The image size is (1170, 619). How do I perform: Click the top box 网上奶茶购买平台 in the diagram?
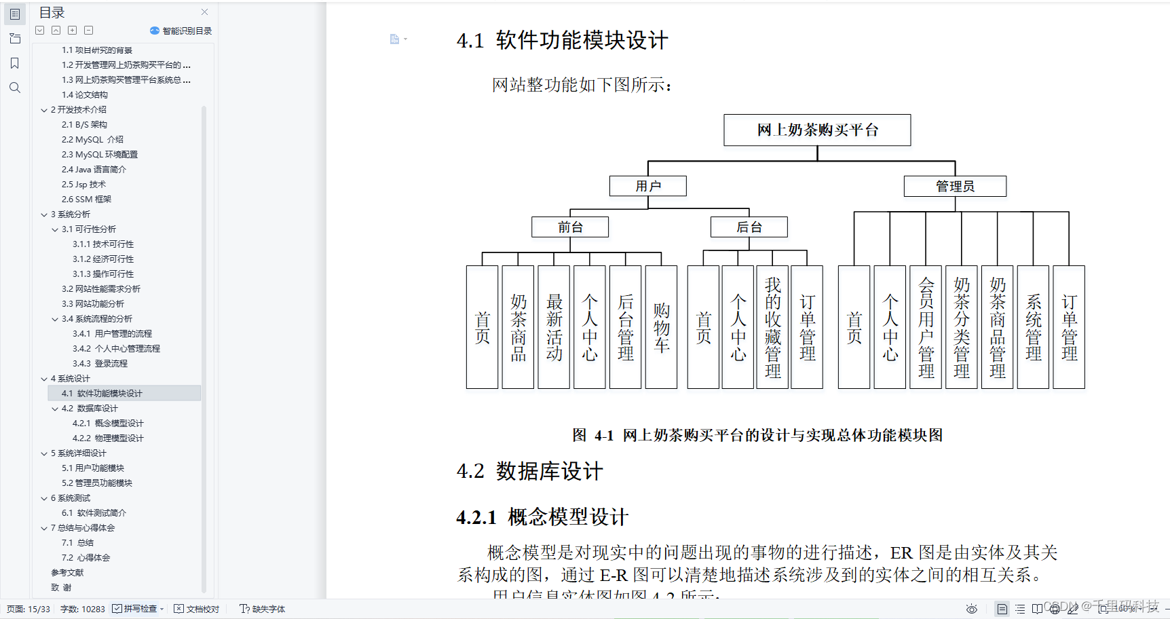(x=817, y=130)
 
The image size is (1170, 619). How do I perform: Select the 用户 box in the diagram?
(x=648, y=186)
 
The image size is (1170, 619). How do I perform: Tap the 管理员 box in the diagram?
(x=955, y=186)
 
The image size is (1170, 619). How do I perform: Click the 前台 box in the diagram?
(x=570, y=227)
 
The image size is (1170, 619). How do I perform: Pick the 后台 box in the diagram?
(x=749, y=227)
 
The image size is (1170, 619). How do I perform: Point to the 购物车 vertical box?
(x=661, y=327)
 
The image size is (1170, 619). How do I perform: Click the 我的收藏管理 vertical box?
(x=772, y=327)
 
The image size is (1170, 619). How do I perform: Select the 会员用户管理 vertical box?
(x=926, y=327)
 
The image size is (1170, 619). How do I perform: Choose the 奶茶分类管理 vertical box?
(x=962, y=327)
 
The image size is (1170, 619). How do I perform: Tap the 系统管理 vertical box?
(x=1033, y=327)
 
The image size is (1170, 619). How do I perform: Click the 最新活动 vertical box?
(x=554, y=327)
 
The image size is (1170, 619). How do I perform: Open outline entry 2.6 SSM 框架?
(x=86, y=200)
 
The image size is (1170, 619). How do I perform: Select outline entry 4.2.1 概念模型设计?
(x=108, y=424)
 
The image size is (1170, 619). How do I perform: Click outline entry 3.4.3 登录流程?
(x=100, y=364)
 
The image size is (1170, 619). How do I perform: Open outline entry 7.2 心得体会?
(x=86, y=558)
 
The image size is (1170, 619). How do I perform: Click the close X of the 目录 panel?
(x=205, y=12)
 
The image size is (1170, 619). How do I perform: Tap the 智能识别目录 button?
(x=181, y=31)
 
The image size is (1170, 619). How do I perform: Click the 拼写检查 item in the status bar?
(x=139, y=609)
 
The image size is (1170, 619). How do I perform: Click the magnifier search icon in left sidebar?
(x=15, y=88)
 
